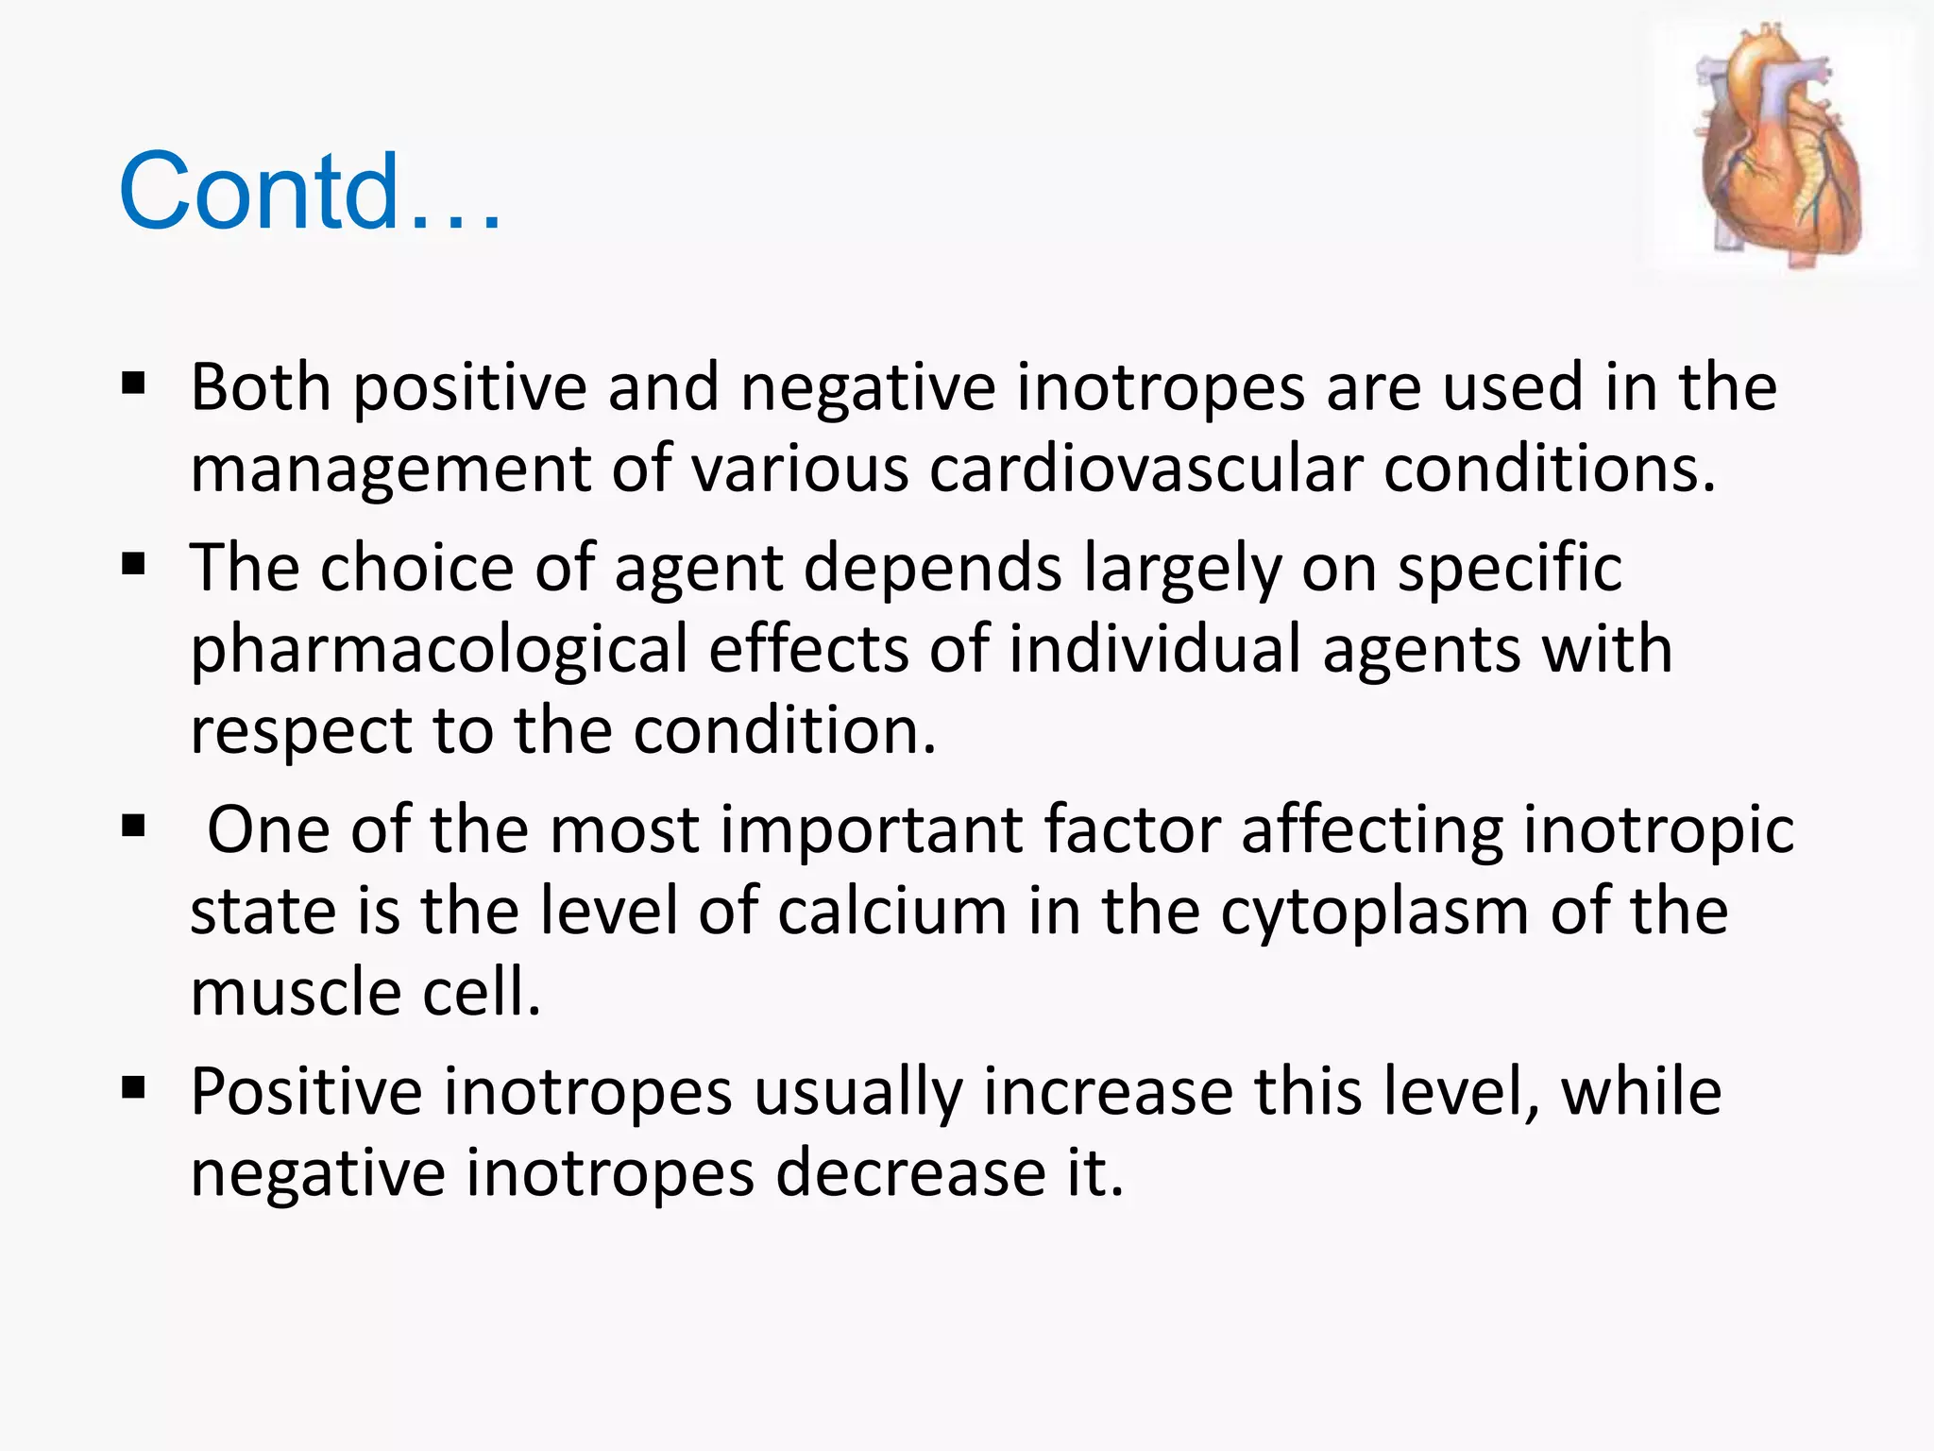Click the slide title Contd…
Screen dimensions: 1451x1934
tap(310, 192)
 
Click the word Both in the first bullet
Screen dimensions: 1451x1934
tap(261, 387)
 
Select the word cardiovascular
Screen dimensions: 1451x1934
tap(1145, 469)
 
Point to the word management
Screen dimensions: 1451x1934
tap(390, 470)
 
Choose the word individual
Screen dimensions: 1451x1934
tap(1155, 650)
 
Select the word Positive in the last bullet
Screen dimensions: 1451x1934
tap(306, 1092)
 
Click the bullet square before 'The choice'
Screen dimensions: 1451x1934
tap(133, 565)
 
